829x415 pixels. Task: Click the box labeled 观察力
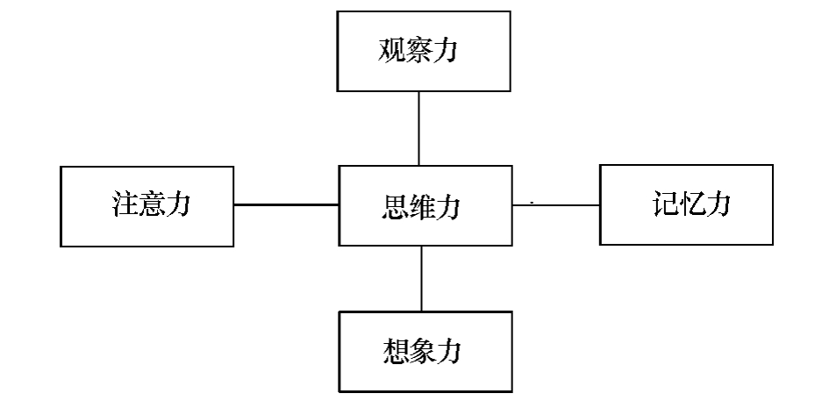click(x=424, y=51)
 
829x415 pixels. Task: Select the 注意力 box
click(x=147, y=206)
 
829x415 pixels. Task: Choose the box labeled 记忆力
click(x=686, y=204)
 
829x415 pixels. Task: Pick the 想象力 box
click(x=425, y=351)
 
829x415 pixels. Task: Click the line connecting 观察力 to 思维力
click(x=418, y=128)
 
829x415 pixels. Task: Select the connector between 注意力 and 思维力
click(x=286, y=204)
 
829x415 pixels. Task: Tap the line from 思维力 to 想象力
click(x=422, y=278)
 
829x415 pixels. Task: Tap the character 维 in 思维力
click(x=424, y=207)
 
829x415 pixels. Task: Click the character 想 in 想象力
click(x=394, y=352)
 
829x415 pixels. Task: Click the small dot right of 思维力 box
click(x=532, y=202)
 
